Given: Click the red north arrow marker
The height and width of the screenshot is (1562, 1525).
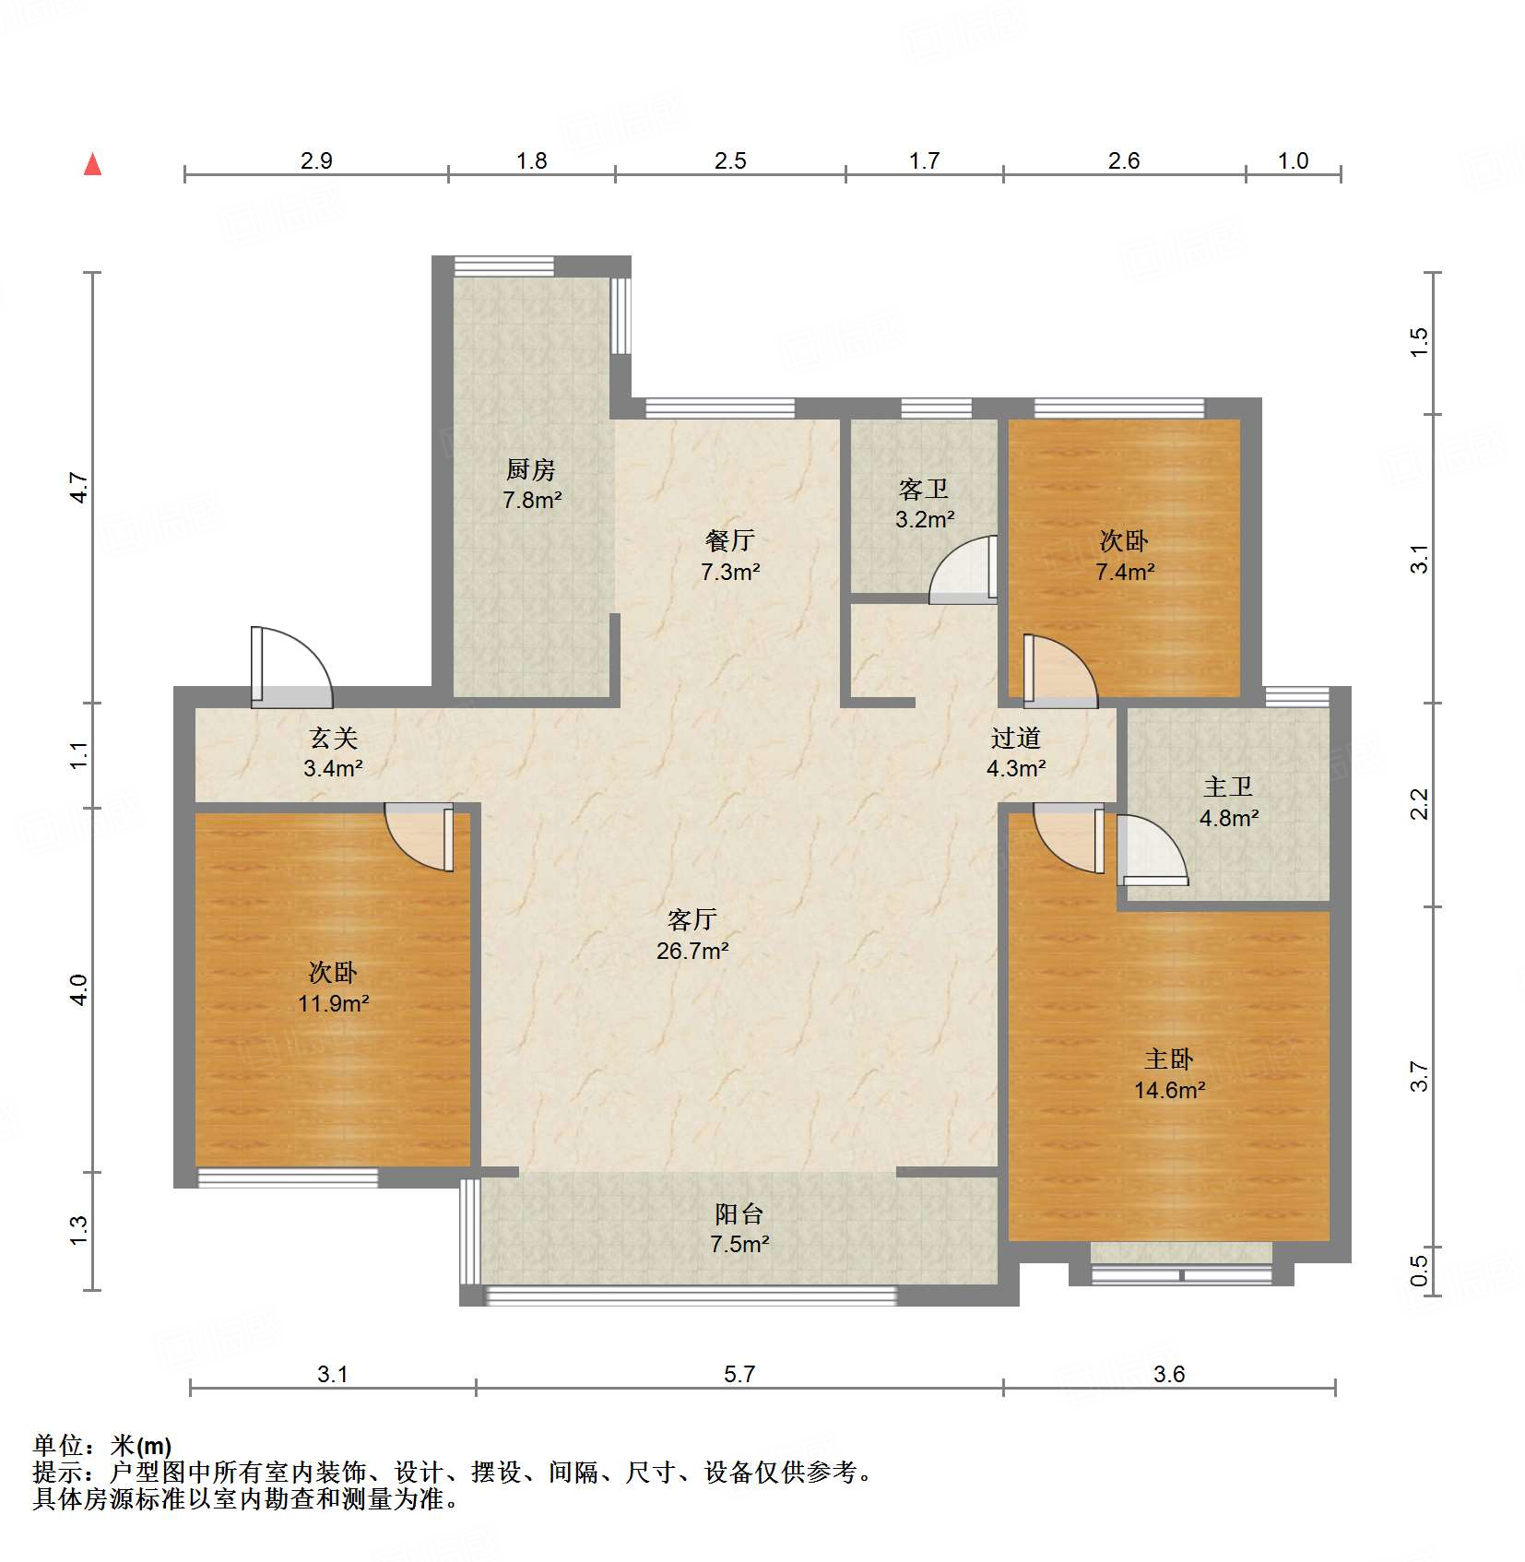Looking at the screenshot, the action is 92,164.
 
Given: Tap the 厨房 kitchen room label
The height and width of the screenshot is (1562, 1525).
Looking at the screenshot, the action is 531,470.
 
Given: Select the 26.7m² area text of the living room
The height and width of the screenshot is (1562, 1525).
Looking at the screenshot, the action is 692,951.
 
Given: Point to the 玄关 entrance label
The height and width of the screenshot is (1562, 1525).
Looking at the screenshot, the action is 333,738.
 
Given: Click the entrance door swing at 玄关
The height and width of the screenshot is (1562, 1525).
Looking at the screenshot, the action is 290,667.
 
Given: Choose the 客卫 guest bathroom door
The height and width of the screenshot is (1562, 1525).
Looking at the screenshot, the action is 963,570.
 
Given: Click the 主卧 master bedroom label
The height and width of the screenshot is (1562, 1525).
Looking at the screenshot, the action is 1168,1059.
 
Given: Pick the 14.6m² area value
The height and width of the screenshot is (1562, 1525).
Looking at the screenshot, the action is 1169,1091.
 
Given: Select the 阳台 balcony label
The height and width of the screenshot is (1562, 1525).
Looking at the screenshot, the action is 739,1214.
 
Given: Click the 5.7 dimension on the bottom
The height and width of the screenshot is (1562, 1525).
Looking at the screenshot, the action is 739,1375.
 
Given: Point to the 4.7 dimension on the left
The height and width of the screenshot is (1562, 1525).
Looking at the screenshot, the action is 79,488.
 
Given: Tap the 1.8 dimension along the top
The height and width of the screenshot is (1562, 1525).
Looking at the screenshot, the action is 531,161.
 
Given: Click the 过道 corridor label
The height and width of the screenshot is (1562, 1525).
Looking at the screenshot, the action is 1015,738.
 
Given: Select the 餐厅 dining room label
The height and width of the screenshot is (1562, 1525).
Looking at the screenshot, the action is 729,540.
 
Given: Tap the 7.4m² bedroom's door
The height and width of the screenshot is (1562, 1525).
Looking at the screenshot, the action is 1060,671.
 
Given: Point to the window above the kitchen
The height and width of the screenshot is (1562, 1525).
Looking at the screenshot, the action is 503,266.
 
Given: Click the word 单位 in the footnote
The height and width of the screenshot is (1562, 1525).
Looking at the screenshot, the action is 58,1446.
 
